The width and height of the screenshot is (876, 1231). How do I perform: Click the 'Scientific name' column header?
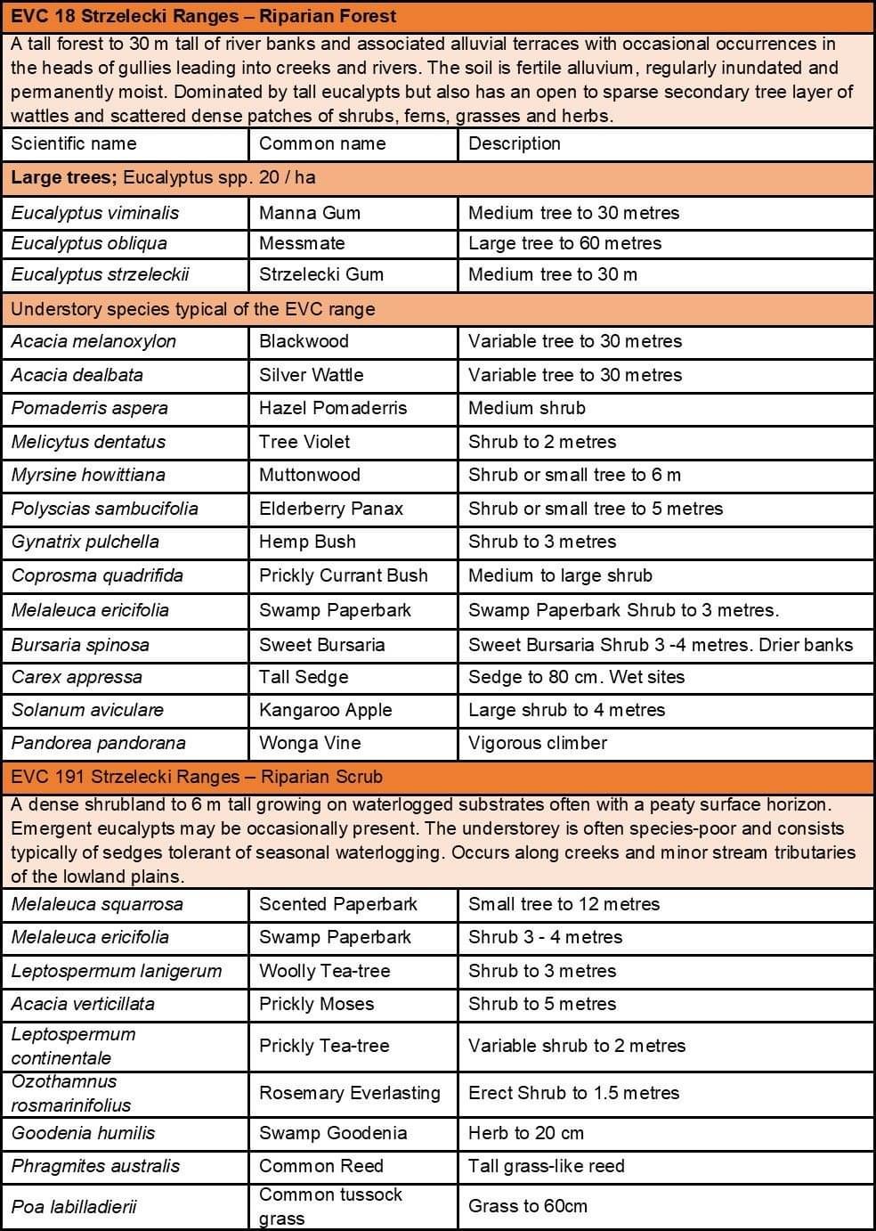pyautogui.click(x=74, y=143)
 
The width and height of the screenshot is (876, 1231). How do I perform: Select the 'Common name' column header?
pyautogui.click(x=322, y=143)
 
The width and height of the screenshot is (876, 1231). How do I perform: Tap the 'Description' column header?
pyautogui.click(x=515, y=143)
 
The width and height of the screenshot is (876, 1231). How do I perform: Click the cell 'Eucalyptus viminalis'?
pyautogui.click(x=95, y=213)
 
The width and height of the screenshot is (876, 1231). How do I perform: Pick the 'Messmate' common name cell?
pyautogui.click(x=302, y=243)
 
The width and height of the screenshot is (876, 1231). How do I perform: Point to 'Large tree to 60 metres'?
pyautogui.click(x=565, y=243)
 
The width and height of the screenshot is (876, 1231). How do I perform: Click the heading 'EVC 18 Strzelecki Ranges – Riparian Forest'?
pyautogui.click(x=204, y=16)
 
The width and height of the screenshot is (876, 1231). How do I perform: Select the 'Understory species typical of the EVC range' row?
pyautogui.click(x=193, y=309)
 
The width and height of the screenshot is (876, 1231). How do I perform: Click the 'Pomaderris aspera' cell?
pyautogui.click(x=90, y=408)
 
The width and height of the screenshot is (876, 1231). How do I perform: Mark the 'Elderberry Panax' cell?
pyautogui.click(x=331, y=509)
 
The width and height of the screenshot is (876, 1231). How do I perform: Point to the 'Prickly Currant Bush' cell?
pyautogui.click(x=344, y=575)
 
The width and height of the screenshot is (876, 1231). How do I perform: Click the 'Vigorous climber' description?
pyautogui.click(x=538, y=743)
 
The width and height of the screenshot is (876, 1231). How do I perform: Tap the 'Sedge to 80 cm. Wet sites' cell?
pyautogui.click(x=577, y=677)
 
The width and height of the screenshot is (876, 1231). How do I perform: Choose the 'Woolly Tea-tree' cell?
pyautogui.click(x=325, y=971)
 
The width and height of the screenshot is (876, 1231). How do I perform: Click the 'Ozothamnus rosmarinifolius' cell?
pyautogui.click(x=71, y=1093)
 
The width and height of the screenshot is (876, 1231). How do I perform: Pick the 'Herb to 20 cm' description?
pyautogui.click(x=526, y=1133)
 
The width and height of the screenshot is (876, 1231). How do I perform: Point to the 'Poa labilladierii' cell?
pyautogui.click(x=74, y=1207)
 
